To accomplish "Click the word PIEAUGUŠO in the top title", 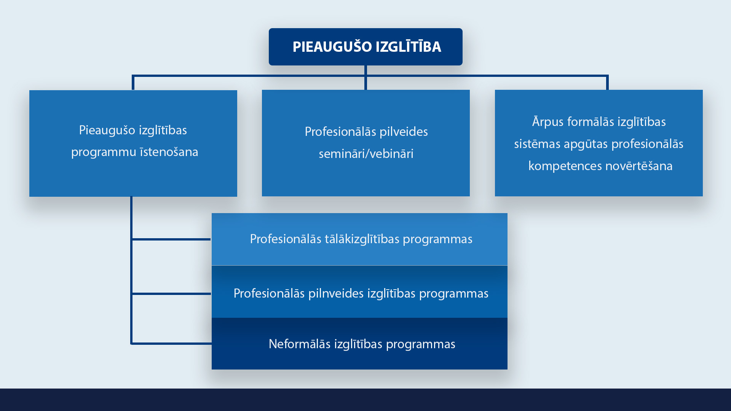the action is (332, 46).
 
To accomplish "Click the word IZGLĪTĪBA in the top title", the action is (409, 46).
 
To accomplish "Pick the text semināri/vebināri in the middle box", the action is (366, 154).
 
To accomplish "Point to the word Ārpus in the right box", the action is (548, 122).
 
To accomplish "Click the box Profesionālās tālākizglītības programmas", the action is (359, 239).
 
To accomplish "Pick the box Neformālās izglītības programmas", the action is (359, 344).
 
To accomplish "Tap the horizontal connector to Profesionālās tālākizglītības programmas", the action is (171, 239).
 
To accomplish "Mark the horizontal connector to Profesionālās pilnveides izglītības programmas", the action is (171, 294).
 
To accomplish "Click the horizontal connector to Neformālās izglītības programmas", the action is (171, 344).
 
